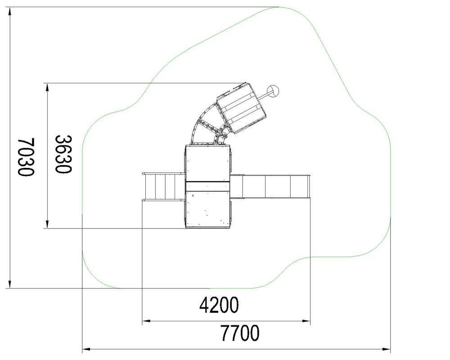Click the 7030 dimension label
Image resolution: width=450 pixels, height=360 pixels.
pos(26,157)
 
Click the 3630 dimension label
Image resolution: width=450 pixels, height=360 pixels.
pos(63,154)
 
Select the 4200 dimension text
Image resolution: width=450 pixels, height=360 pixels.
pos(219,305)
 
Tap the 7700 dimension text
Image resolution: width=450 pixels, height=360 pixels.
pos(240,333)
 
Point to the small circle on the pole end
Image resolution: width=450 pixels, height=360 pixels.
pos(273,91)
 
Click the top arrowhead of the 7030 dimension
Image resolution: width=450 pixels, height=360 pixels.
pos(10,12)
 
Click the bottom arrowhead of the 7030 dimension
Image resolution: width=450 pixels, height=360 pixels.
pos(10,283)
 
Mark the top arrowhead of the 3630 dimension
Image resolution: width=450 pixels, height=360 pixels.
pos(47,88)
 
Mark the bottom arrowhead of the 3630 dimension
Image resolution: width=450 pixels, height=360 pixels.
pos(47,224)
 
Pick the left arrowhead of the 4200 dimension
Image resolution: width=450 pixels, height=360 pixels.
pos(146,321)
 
